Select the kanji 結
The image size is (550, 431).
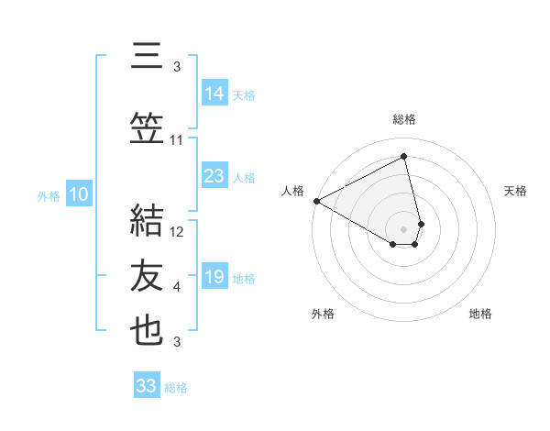(x=147, y=219)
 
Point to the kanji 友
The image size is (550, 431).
(x=147, y=276)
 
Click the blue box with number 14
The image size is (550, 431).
(x=214, y=94)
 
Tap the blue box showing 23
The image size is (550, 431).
(x=214, y=176)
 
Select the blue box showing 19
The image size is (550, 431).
(x=214, y=277)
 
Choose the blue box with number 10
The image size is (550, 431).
(x=78, y=194)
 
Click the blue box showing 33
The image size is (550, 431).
(x=146, y=386)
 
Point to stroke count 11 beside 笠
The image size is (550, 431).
(x=177, y=140)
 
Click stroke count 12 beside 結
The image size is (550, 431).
(x=177, y=232)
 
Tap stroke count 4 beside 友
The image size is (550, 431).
(x=177, y=287)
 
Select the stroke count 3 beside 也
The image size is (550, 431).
(x=177, y=342)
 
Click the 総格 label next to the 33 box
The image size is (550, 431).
(x=176, y=388)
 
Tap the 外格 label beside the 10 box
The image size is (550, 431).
(x=48, y=195)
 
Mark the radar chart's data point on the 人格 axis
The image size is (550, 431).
(x=316, y=201)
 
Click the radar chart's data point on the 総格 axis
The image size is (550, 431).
(x=404, y=157)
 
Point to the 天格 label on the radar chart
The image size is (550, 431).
(x=515, y=191)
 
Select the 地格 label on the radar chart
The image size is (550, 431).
(x=480, y=314)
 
